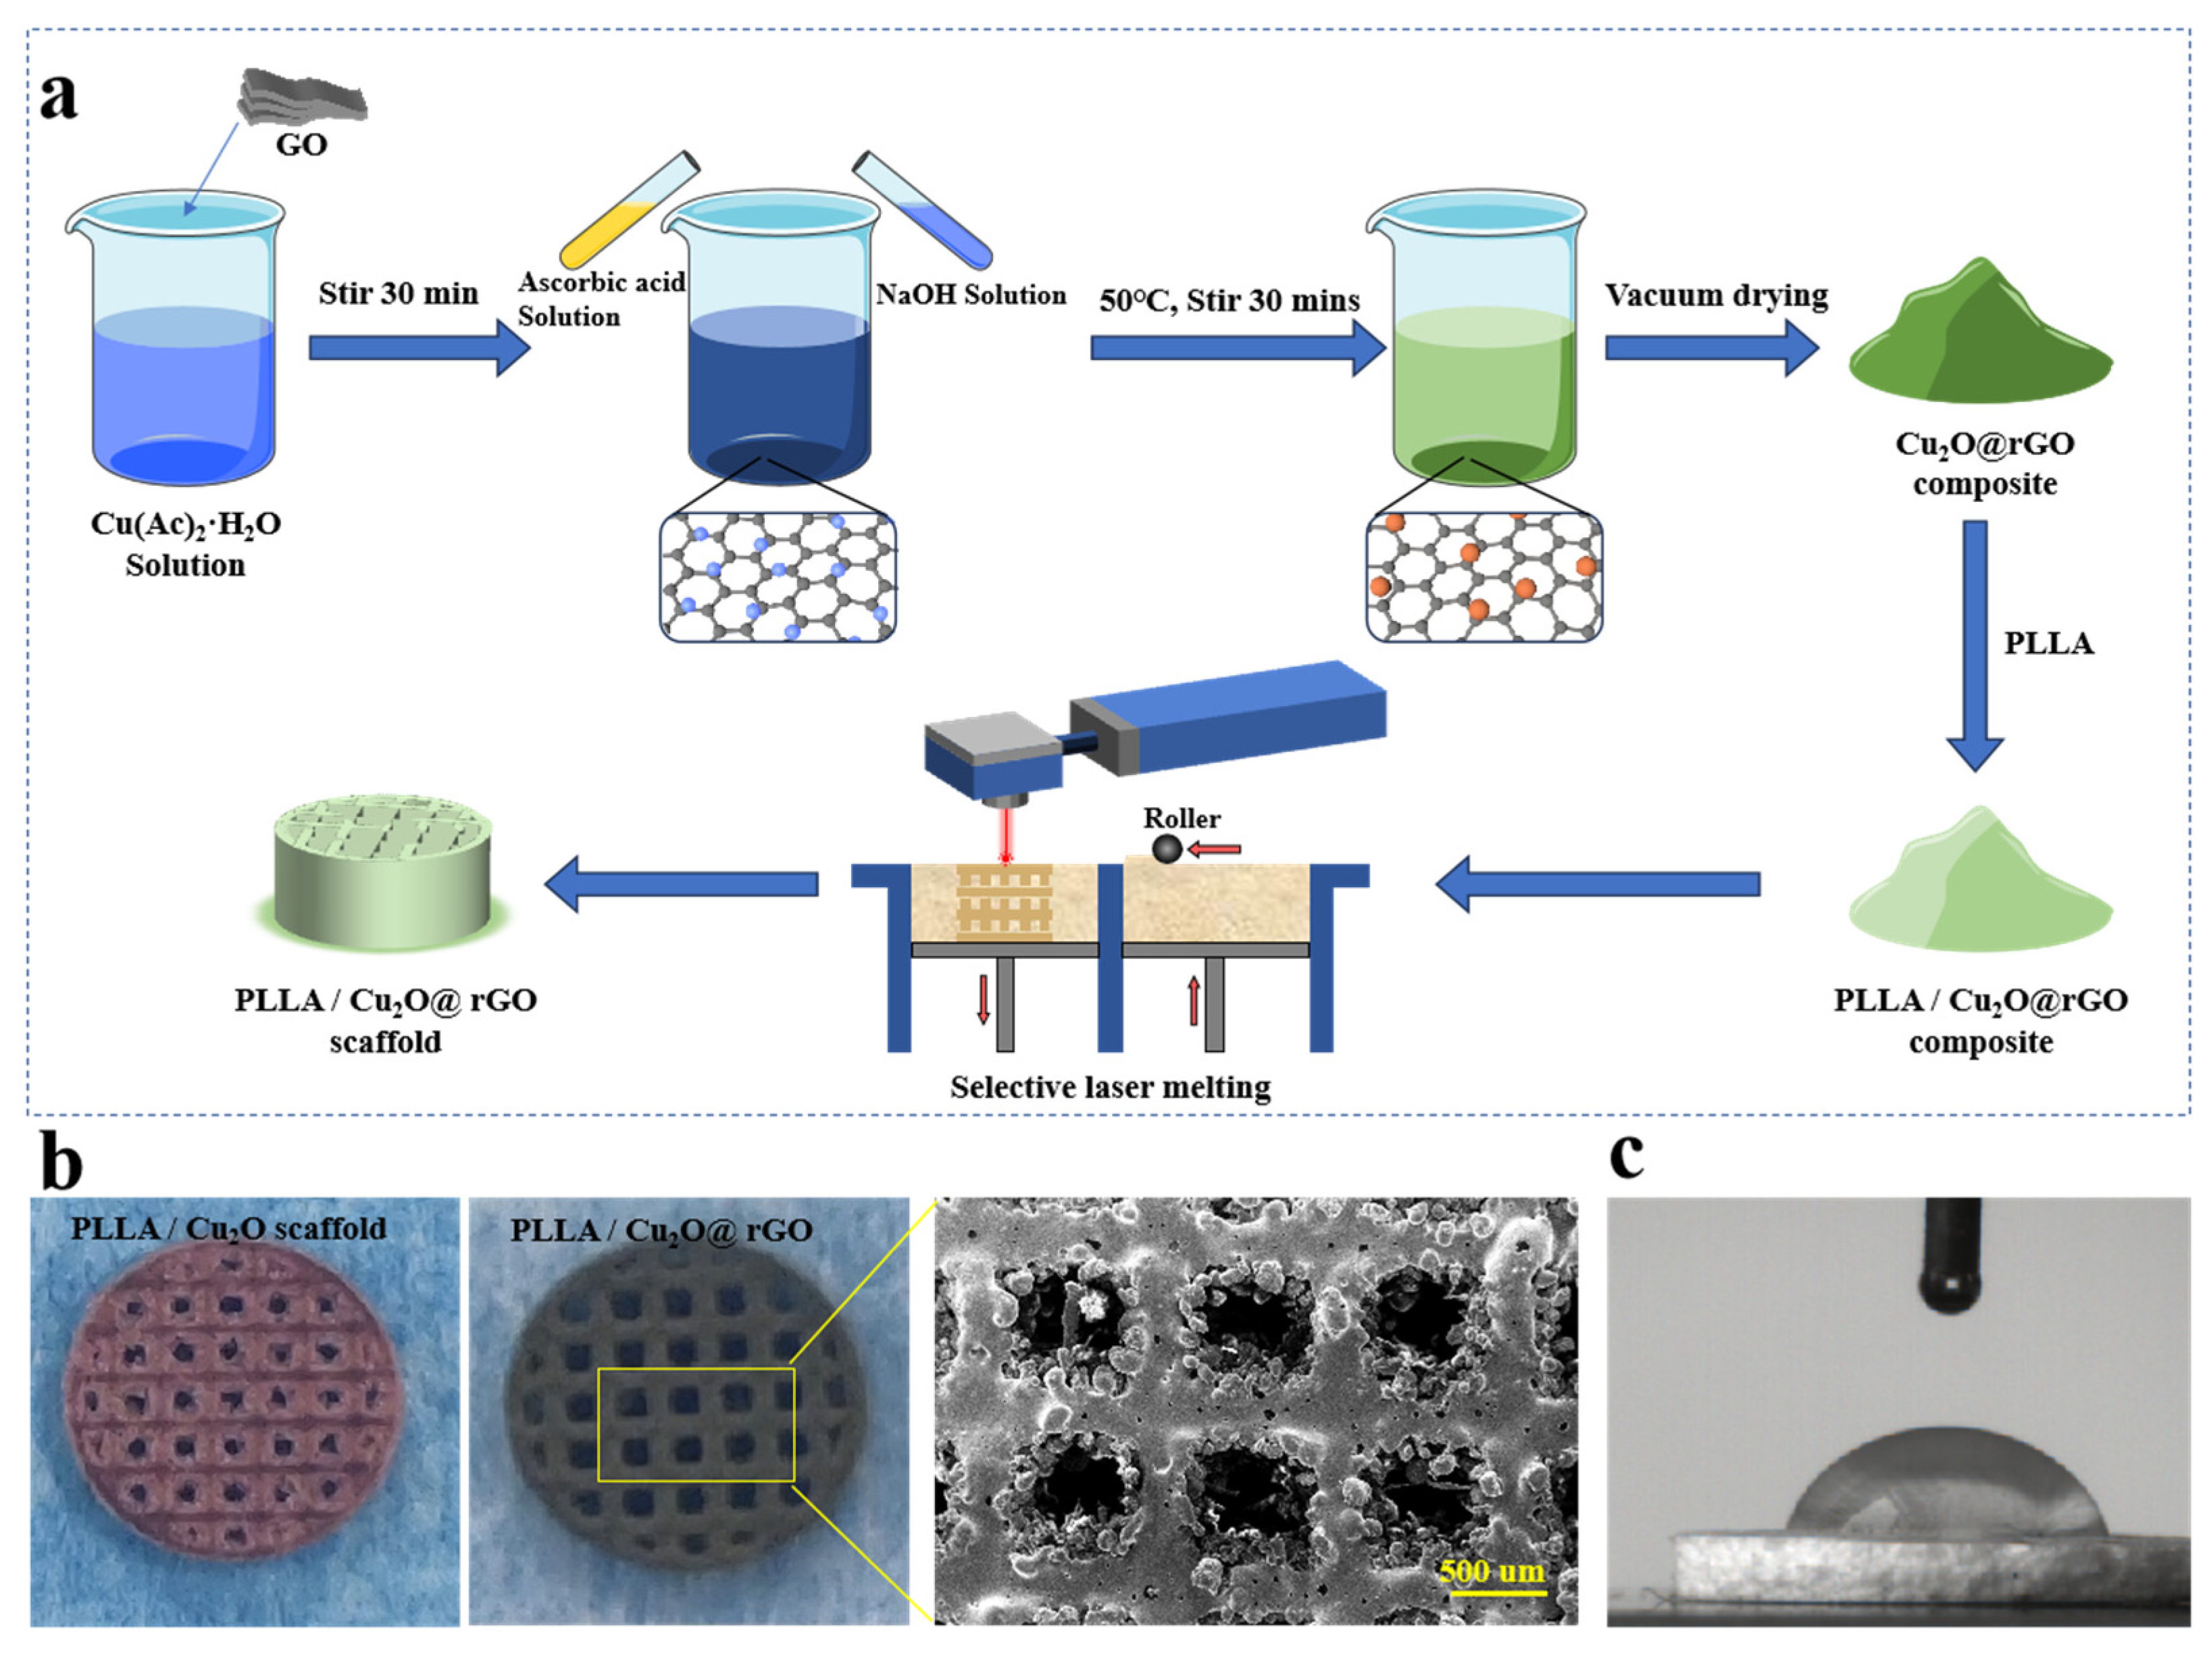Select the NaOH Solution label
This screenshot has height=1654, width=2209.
(971, 295)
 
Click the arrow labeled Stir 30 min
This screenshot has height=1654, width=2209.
(417, 347)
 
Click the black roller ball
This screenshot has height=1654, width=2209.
(1167, 849)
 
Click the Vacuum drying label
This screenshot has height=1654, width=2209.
(1716, 296)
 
